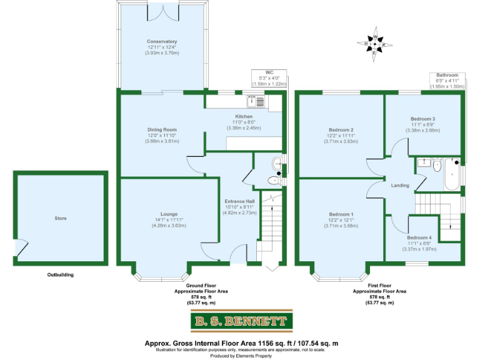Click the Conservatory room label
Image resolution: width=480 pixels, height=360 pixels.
pos(162,42)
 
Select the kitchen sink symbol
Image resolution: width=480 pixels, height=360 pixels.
pos(256,99)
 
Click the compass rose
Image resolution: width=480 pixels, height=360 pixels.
pos(374,44)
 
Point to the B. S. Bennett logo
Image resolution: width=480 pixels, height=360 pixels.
pos(241,322)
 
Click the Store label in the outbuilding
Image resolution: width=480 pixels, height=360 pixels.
pos(60,219)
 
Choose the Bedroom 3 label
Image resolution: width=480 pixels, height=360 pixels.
pos(422,119)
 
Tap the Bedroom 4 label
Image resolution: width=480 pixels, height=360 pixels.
pos(419,238)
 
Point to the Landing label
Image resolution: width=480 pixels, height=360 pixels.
pos(400,186)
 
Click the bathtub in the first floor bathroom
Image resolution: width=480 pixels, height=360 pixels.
pos(452,175)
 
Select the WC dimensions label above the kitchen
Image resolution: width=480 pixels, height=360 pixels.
pos(269,78)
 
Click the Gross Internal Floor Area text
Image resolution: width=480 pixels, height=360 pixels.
pos(241,344)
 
